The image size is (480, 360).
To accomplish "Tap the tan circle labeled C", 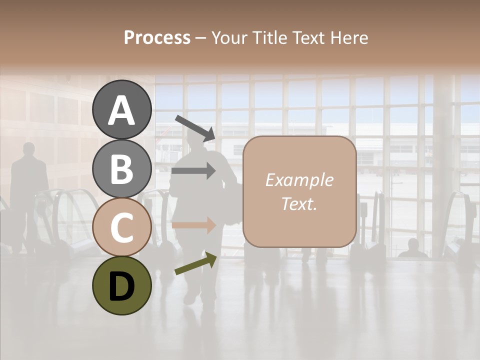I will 122,227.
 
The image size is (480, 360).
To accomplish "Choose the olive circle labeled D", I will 122,285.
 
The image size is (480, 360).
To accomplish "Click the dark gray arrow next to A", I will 195,127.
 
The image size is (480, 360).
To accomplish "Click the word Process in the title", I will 157,38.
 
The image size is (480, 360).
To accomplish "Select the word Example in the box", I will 299,180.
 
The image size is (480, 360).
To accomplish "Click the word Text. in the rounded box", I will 299,204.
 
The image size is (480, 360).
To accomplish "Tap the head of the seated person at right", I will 413,244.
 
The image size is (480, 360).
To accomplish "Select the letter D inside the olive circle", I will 122,286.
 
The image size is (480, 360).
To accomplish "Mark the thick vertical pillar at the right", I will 443,165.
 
